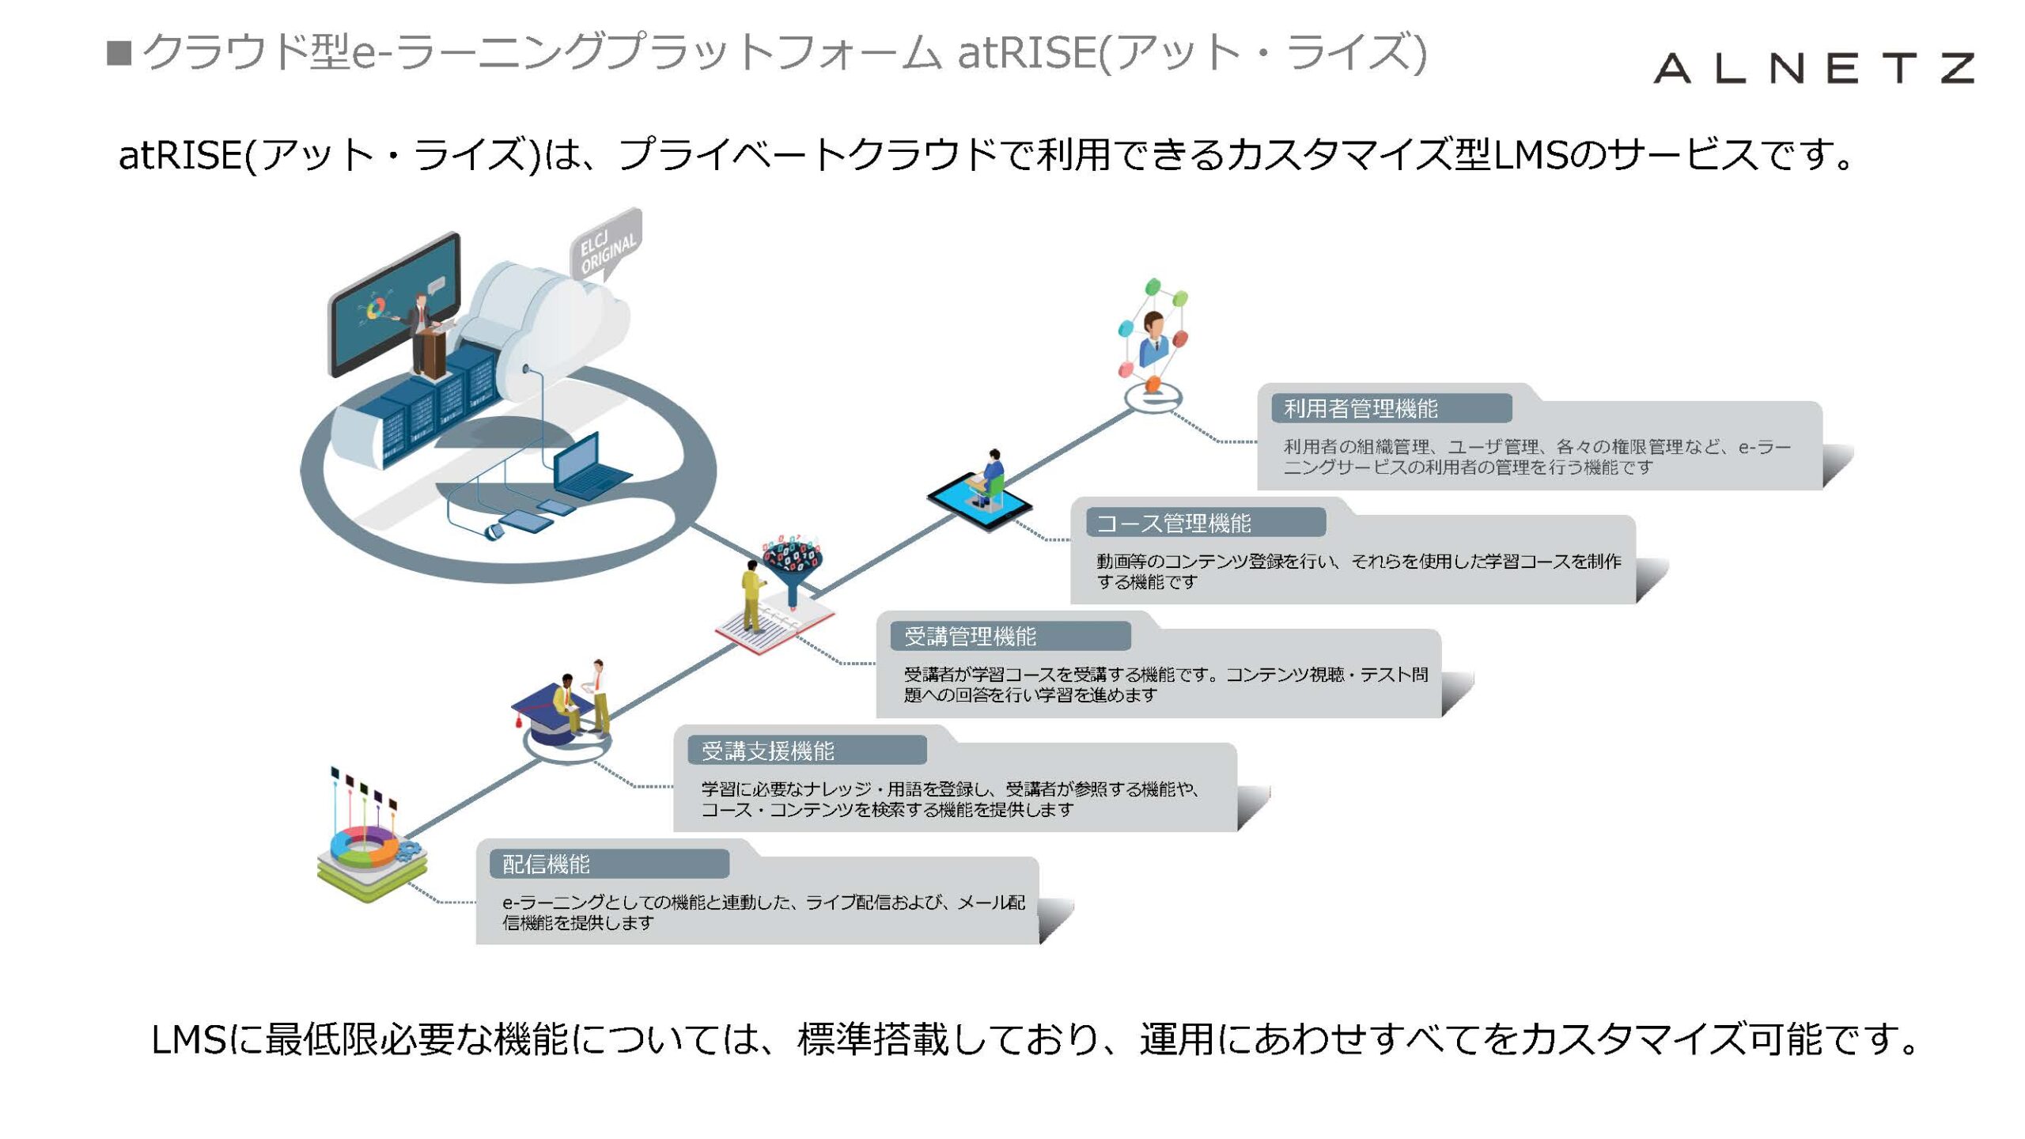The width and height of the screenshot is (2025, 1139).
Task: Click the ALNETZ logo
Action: [1813, 68]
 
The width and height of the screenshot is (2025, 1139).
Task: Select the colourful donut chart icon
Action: [365, 846]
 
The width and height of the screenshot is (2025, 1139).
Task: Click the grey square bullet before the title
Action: [119, 54]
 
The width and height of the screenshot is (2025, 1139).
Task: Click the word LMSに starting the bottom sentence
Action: [206, 1039]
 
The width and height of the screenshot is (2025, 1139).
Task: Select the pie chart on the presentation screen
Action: [377, 308]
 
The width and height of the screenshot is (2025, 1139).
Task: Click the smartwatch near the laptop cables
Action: [493, 532]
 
